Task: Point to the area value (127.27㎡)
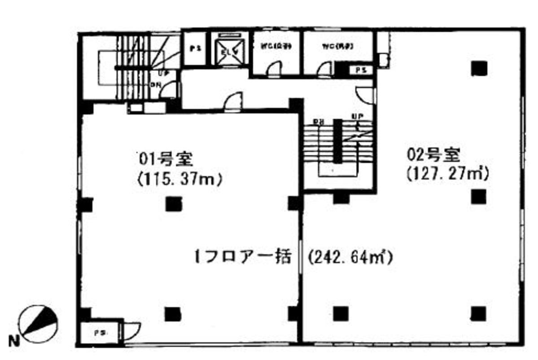(x=447, y=174)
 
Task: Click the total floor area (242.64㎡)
(x=350, y=258)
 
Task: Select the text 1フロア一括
(x=242, y=258)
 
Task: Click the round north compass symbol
(x=39, y=320)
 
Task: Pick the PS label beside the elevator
(x=195, y=49)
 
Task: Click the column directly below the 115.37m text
(x=173, y=204)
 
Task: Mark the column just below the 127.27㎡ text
(x=479, y=196)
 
